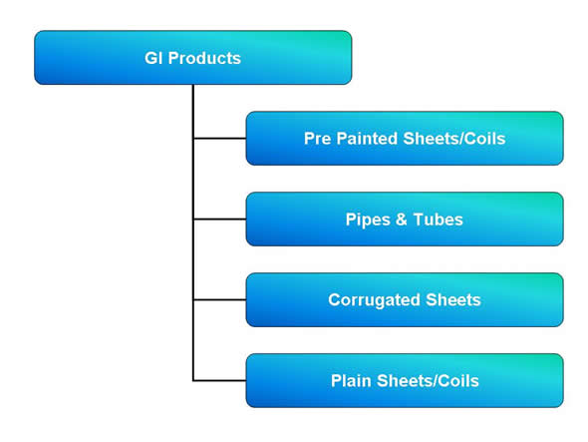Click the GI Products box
tap(193, 58)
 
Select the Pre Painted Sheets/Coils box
tap(405, 139)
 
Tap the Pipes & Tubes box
tap(405, 219)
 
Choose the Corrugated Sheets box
tap(405, 299)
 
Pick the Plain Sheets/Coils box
tap(405, 380)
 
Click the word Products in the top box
tap(204, 58)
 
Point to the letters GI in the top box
tap(153, 58)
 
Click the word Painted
tap(368, 139)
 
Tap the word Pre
tap(318, 139)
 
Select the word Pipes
tap(368, 220)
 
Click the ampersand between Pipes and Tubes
tap(402, 220)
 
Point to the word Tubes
tap(438, 220)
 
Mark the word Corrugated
tap(374, 300)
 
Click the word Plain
tap(351, 381)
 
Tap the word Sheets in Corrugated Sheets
tap(453, 300)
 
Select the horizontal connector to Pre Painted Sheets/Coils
tap(219, 139)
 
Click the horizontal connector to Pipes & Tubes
tap(219, 219)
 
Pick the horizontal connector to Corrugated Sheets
tap(219, 299)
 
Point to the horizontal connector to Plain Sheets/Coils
tap(219, 380)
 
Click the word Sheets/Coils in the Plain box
tap(428, 381)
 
